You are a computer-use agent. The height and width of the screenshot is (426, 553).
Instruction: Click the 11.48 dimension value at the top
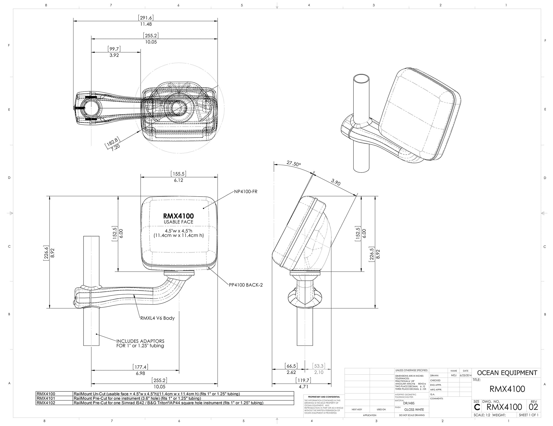146,24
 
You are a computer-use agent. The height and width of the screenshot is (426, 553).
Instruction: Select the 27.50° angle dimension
294,164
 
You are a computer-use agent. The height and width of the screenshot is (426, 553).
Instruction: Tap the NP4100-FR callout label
245,192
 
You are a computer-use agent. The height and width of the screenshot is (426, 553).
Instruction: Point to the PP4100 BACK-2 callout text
246,285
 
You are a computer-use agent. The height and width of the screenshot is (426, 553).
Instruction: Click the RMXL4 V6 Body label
157,318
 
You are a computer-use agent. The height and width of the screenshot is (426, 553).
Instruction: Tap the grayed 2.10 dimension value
319,372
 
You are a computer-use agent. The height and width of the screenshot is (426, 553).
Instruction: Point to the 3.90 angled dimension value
335,182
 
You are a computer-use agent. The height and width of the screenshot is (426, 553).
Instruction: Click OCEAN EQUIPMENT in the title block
507,373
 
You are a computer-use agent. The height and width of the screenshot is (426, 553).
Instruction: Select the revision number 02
533,407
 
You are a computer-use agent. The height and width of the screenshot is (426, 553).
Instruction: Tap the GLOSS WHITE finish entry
414,410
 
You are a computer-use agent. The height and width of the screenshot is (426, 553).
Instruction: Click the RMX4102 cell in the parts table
46,403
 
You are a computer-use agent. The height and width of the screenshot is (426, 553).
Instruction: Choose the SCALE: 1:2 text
482,415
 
